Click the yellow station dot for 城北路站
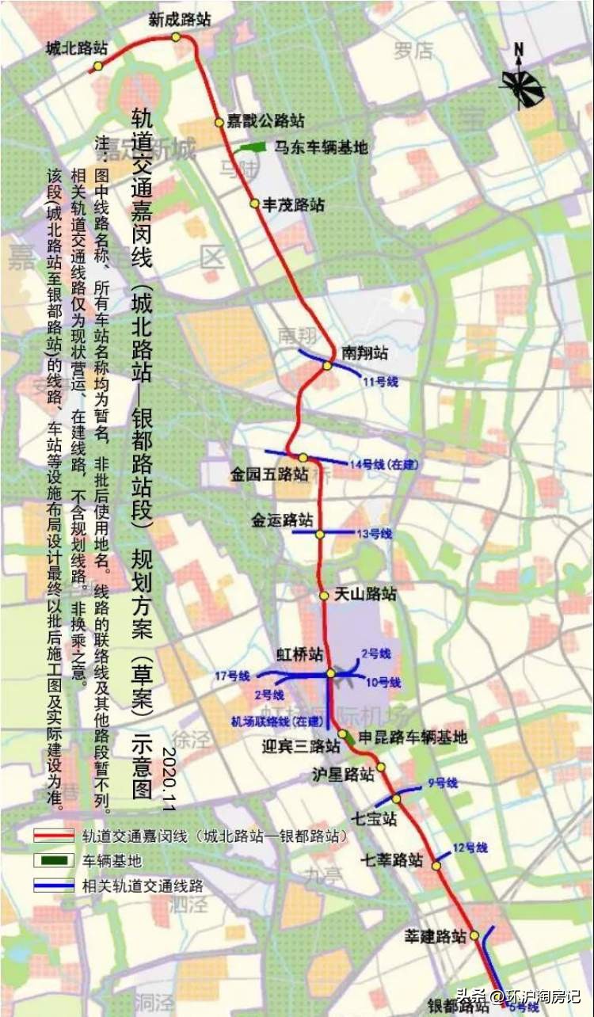[x=97, y=67]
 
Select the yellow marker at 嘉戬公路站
[x=219, y=122]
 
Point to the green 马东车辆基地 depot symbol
[x=251, y=147]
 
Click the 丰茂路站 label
[x=294, y=204]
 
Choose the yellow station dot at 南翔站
[x=326, y=364]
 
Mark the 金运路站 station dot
[x=320, y=535]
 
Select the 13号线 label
[x=374, y=534]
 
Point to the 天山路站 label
[x=365, y=594]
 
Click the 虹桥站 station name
[x=299, y=654]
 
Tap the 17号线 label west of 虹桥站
[x=232, y=676]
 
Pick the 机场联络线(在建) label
[x=276, y=722]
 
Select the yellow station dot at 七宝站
[x=396, y=798]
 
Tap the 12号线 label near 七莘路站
[x=470, y=847]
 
